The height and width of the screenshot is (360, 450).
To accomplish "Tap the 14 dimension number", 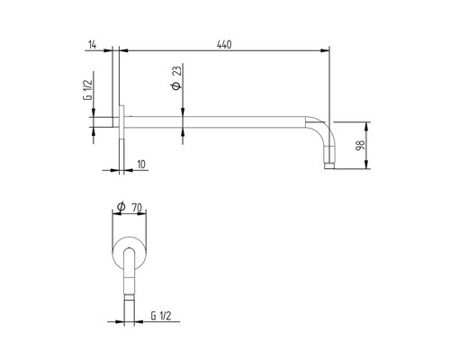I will pos(93,43).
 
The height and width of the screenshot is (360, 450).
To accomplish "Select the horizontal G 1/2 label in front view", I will pos(162,316).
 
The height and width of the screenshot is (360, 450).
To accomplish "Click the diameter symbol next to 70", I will pos(120,207).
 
